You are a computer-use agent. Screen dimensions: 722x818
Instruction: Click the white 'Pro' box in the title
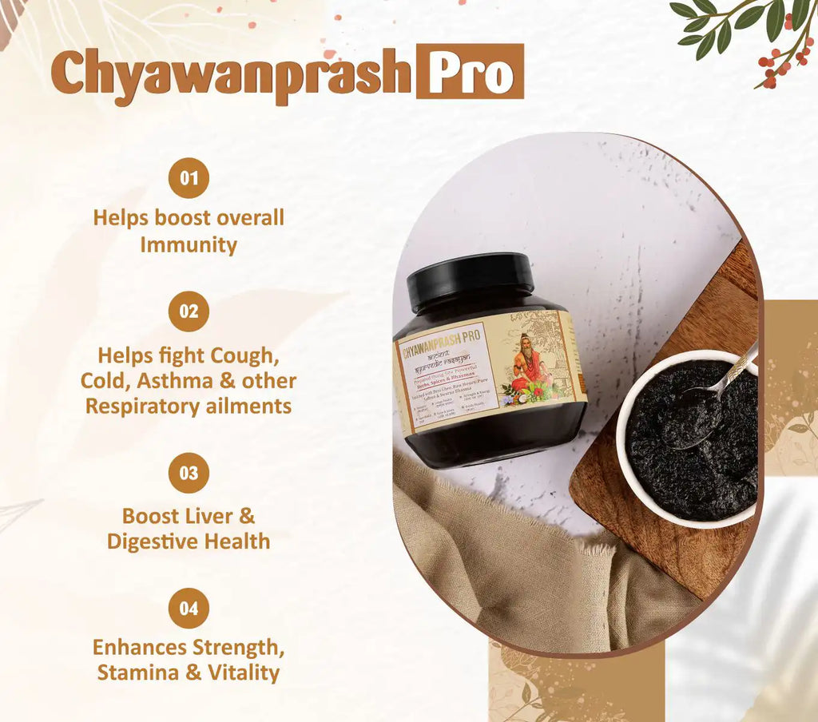pyautogui.click(x=470, y=72)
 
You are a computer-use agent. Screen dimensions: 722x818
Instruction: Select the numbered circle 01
pyautogui.click(x=189, y=178)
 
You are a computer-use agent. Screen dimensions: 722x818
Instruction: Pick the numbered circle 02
pyautogui.click(x=189, y=311)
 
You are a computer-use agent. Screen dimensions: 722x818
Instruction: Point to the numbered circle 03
pyautogui.click(x=189, y=473)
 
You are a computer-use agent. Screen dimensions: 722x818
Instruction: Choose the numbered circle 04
pyautogui.click(x=189, y=609)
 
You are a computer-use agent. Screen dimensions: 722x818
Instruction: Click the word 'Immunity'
pyautogui.click(x=189, y=244)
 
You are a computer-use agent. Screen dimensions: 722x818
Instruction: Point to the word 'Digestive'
pyautogui.click(x=152, y=541)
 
